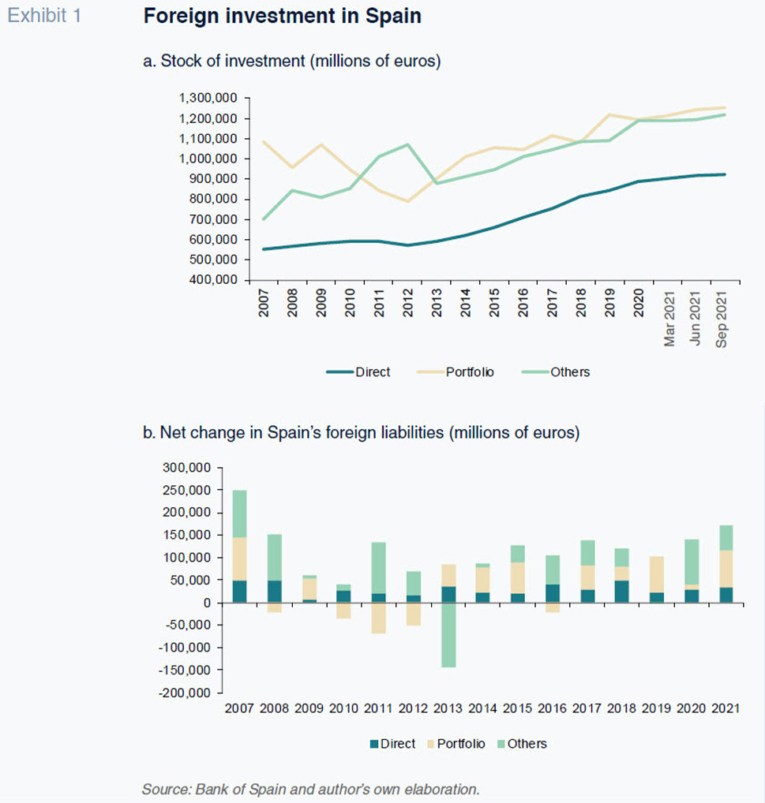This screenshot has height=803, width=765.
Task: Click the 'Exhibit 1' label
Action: click(44, 16)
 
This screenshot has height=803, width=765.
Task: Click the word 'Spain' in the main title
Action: click(393, 16)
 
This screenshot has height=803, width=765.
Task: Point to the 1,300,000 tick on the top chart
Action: click(208, 98)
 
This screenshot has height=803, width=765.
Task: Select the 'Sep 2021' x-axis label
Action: click(721, 319)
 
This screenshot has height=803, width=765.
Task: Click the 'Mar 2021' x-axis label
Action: click(669, 319)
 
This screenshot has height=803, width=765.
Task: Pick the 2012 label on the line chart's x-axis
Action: click(408, 303)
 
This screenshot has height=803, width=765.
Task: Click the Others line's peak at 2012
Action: click(408, 144)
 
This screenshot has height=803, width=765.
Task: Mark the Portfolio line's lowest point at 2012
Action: click(408, 202)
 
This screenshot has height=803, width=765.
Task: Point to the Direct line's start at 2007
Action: click(264, 249)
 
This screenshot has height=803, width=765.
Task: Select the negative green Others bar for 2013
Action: click(449, 635)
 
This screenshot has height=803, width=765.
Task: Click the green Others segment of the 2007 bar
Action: click(240, 514)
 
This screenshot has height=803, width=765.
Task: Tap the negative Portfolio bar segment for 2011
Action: click(379, 618)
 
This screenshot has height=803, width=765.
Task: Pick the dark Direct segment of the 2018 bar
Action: click(622, 592)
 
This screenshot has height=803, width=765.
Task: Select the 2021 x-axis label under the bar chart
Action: click(726, 708)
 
